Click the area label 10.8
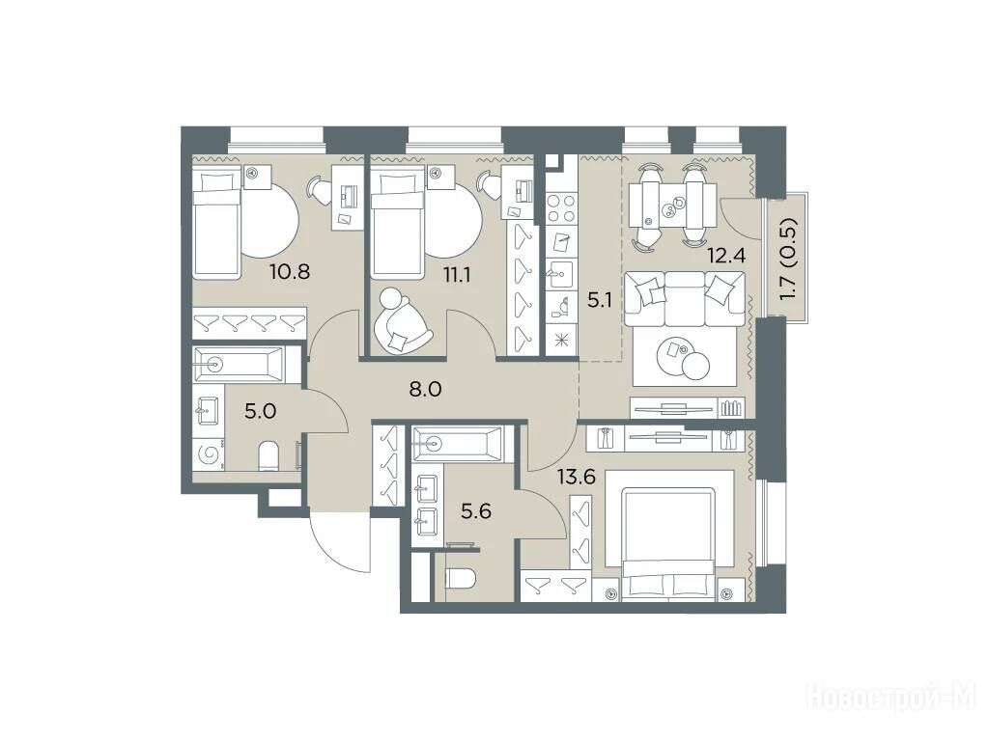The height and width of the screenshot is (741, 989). pyautogui.click(x=290, y=273)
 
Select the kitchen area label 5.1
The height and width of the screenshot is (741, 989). pyautogui.click(x=600, y=301)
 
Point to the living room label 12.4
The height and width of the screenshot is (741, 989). pyautogui.click(x=726, y=256)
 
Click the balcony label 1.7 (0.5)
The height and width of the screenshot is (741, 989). pyautogui.click(x=788, y=259)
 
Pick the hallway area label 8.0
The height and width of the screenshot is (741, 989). pyautogui.click(x=425, y=389)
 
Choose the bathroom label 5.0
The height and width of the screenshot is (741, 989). pyautogui.click(x=261, y=412)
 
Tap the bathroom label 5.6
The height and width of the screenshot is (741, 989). pyautogui.click(x=476, y=511)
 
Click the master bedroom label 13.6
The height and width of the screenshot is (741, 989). pyautogui.click(x=576, y=477)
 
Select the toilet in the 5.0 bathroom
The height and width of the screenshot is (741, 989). pyautogui.click(x=268, y=455)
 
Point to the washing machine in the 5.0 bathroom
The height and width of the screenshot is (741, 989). pyautogui.click(x=209, y=453)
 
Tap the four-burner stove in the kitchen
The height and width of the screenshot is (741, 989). pyautogui.click(x=560, y=208)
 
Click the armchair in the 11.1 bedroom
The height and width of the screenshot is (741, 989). pyautogui.click(x=400, y=320)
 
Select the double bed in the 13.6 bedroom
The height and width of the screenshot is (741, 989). pyautogui.click(x=669, y=535)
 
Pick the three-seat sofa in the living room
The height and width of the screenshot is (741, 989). pyautogui.click(x=685, y=299)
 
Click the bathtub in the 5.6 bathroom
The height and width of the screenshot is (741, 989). pyautogui.click(x=457, y=444)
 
